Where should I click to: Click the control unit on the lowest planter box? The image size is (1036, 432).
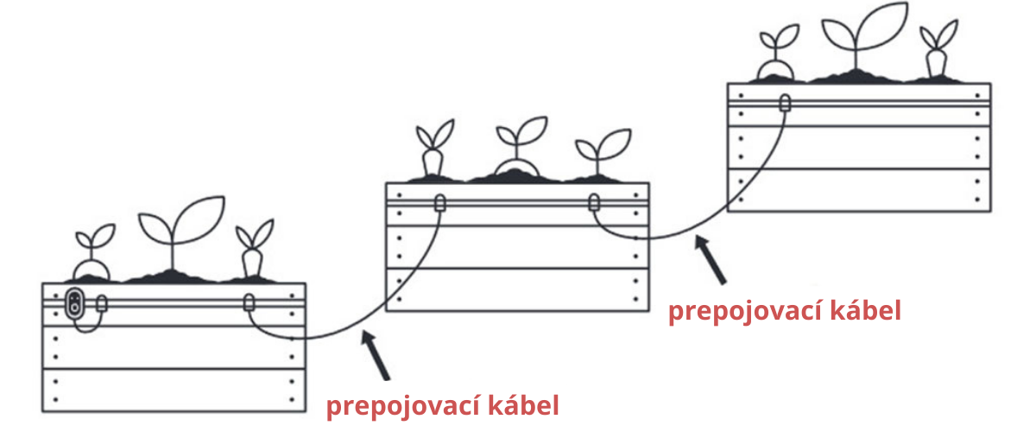point(75,303)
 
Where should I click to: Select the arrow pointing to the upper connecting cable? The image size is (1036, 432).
point(711,258)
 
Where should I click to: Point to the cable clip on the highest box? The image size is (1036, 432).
point(784,103)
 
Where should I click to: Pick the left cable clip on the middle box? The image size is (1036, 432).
point(439,204)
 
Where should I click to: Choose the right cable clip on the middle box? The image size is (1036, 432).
point(594,204)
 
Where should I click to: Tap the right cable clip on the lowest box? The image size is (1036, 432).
point(249,303)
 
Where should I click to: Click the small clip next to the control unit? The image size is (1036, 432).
point(102,303)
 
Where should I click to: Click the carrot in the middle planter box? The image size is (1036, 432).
point(432,162)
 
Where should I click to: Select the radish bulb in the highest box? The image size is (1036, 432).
point(778,71)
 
